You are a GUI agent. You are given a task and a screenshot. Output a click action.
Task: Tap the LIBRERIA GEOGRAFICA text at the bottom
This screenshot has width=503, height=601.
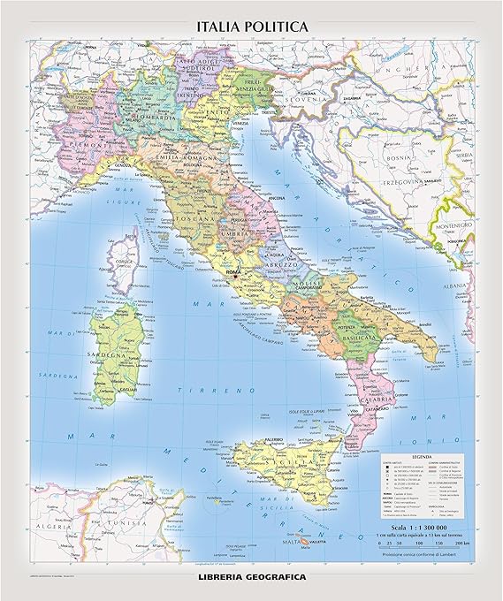[x=251, y=577]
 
